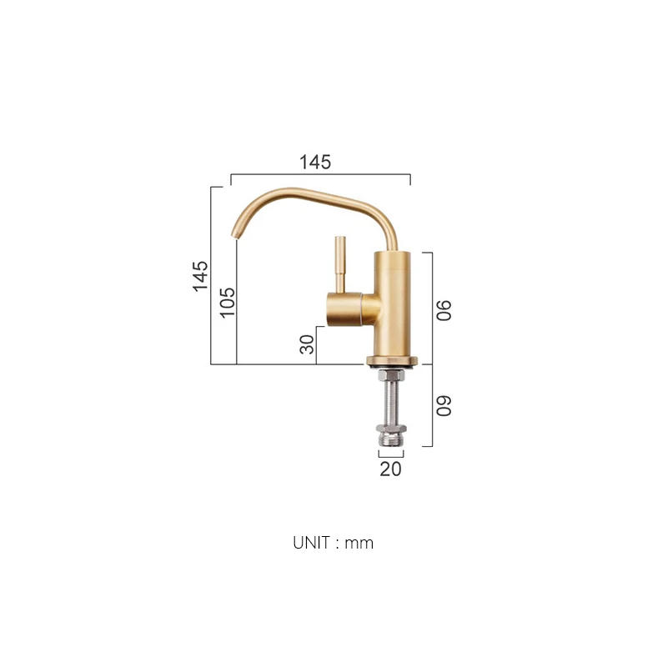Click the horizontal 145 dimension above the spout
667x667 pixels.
pos(316,163)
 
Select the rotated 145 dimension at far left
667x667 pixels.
pos(200,276)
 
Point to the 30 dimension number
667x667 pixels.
pos(308,344)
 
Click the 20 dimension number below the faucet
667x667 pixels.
pos(390,469)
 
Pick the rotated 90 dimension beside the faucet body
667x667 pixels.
pos(444,310)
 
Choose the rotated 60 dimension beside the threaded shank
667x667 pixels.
pos(444,406)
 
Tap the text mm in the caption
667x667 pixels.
pos(360,544)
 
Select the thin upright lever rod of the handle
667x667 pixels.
pos(339,263)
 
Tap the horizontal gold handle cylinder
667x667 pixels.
pos(346,310)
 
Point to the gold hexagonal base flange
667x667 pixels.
pos(392,362)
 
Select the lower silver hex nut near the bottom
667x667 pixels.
pos(390,434)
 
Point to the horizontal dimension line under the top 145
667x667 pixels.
pos(320,175)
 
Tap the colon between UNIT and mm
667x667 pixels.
pos(339,544)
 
